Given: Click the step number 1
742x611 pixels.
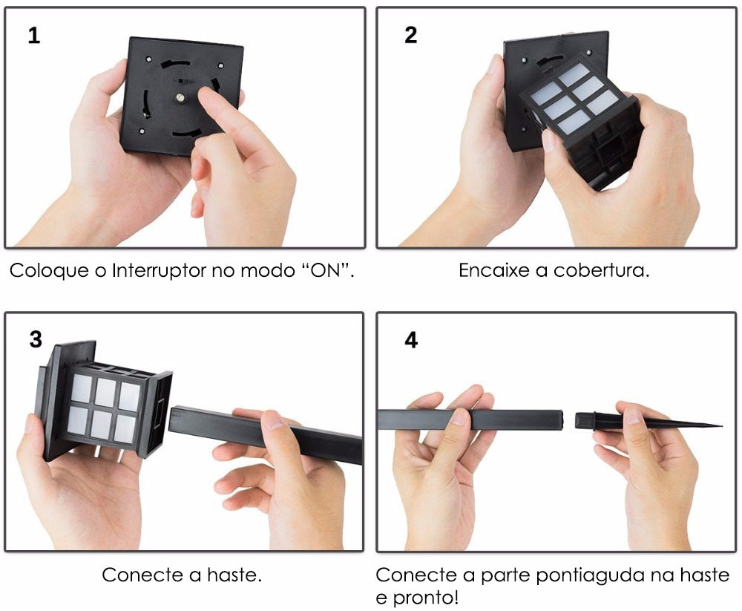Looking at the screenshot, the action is coord(34,36).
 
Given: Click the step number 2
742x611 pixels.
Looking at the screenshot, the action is coord(411,36).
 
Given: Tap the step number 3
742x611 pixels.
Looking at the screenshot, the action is coord(36,339).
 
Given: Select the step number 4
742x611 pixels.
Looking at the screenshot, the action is coord(411,340).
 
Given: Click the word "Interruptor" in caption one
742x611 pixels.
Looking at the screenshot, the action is coord(159,272).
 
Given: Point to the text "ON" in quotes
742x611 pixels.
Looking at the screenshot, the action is coord(327,270).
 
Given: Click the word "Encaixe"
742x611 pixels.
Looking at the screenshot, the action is coord(494,270).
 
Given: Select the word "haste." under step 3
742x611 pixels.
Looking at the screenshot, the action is coord(234,575).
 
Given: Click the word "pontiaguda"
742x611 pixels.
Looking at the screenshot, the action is coord(586,575).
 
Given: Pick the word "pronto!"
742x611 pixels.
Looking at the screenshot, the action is coord(425,598).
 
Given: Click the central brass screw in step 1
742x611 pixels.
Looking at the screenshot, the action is coord(180,98).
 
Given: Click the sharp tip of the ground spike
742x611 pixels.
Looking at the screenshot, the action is coord(720,425).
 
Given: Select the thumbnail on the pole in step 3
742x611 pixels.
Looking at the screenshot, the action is coord(271,421).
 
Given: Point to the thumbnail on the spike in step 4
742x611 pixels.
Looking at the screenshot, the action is coord(633,416).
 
